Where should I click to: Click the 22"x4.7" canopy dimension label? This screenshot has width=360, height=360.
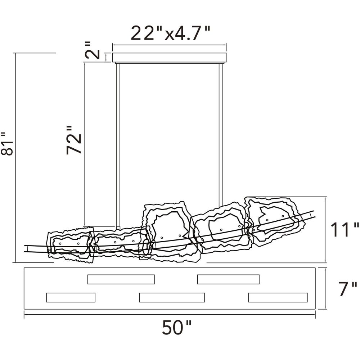[x=170, y=33]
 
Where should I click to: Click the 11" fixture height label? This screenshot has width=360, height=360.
[x=345, y=230]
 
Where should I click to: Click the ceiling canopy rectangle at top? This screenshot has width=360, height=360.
[x=170, y=58]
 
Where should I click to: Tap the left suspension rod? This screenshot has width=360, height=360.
[x=118, y=145]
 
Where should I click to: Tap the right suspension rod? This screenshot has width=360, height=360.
[x=221, y=135]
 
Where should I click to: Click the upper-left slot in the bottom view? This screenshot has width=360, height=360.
[x=121, y=279]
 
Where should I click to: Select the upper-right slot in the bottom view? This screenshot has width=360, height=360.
[x=229, y=279]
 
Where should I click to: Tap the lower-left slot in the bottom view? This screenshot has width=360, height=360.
[x=71, y=297]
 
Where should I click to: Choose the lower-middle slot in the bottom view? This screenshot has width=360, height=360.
[x=172, y=297]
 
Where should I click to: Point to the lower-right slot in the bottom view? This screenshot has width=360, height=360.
[x=278, y=297]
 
